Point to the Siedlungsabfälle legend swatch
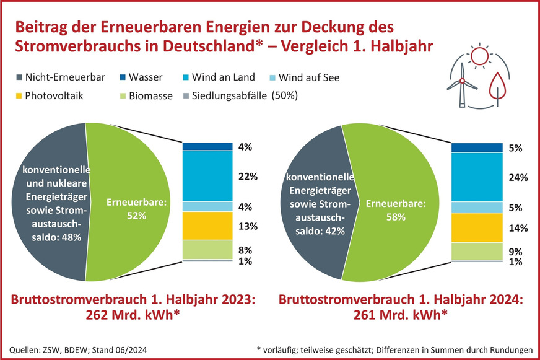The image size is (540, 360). tap(187, 95)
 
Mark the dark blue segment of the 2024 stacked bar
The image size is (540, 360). tap(476, 147)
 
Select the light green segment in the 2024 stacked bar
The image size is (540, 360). tap(476, 251)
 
